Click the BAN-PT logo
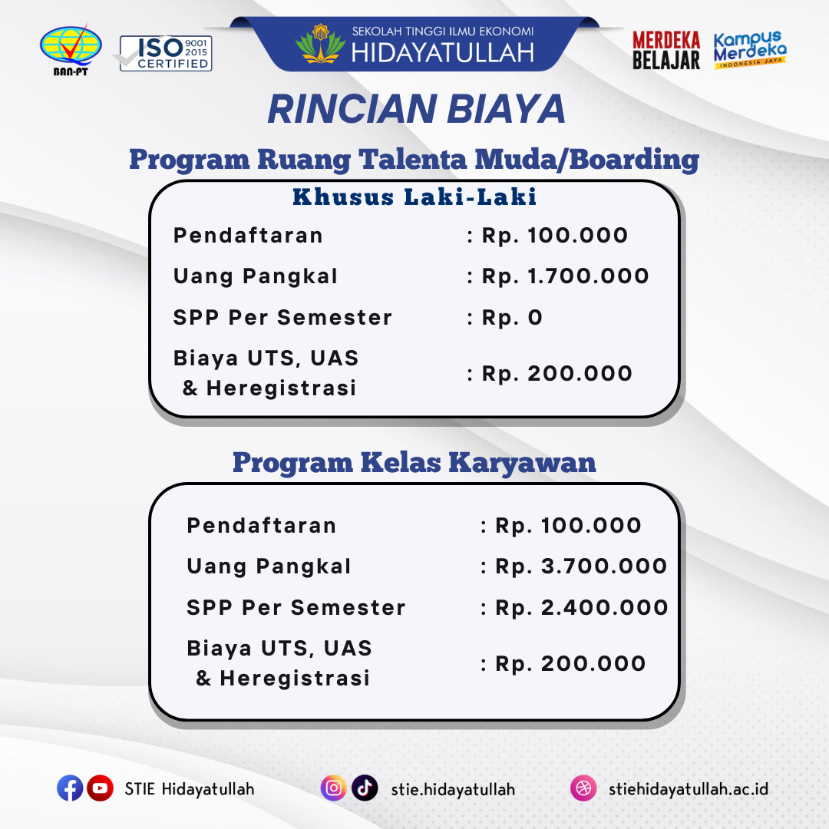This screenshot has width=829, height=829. click(x=71, y=49)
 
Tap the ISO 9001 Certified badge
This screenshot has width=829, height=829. click(x=166, y=53)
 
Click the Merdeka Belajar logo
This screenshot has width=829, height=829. click(x=666, y=51)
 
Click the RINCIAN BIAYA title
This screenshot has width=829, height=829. click(x=416, y=110)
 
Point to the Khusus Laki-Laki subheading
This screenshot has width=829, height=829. click(x=414, y=197)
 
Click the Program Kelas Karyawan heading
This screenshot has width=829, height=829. click(x=414, y=463)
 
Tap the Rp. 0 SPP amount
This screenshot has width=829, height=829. click(x=512, y=318)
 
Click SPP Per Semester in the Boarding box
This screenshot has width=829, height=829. click(x=282, y=318)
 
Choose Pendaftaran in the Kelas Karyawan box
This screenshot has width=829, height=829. click(x=262, y=526)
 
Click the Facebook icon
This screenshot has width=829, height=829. click(x=70, y=788)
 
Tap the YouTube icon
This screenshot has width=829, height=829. click(x=100, y=788)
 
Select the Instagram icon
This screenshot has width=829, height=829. click(x=333, y=788)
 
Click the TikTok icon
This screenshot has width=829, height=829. click(x=365, y=788)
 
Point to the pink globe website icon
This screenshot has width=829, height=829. click(x=583, y=788)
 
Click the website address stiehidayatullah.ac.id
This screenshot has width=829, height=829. click(x=688, y=789)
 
